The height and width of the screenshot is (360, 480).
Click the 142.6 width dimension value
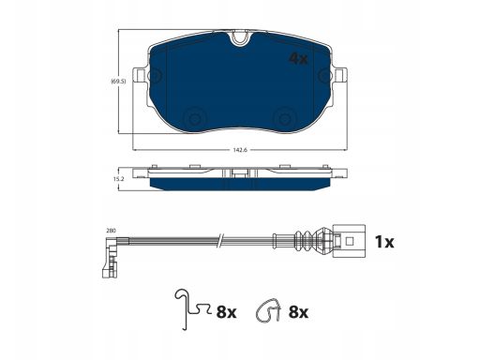[x=240, y=150]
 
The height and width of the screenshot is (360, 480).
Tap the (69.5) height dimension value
[x=118, y=82]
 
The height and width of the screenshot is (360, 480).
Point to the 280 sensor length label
[x=111, y=231]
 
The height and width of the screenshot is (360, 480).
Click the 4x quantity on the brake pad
[x=298, y=58]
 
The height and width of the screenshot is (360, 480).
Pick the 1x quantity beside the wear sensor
[x=384, y=242]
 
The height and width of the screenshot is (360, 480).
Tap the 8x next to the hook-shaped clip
[x=226, y=311]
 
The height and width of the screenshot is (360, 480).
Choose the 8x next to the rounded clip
[x=298, y=312]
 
